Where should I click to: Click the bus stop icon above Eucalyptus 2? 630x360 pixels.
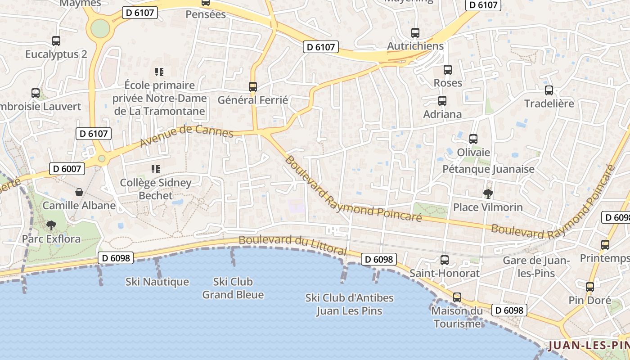coord(56,41)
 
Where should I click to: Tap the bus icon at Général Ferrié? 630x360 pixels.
coord(253,87)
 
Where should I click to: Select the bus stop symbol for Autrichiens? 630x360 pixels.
coord(415,33)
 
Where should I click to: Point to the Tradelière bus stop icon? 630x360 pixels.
coord(549,90)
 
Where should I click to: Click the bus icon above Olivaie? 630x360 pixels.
coord(473,139)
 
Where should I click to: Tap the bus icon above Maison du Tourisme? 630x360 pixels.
coord(457,297)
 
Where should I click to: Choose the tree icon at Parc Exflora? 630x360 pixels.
coord(51,225)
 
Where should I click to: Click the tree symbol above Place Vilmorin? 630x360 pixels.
coord(488,194)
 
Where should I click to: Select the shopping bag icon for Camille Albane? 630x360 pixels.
coord(79,193)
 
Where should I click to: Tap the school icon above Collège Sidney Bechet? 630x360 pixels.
coord(156,170)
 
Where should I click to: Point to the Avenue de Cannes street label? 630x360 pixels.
coord(186,135)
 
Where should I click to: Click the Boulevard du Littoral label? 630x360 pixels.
coord(292,245)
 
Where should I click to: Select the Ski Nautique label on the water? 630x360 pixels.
coord(157,282)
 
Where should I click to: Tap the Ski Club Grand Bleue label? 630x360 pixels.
coord(233,288)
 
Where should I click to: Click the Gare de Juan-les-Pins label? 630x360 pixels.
coord(536,267)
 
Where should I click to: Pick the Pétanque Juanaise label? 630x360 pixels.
coord(489,169)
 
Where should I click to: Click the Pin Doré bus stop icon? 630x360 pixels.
coord(590,287)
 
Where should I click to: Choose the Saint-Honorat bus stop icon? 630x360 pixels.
coord(445,260)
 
